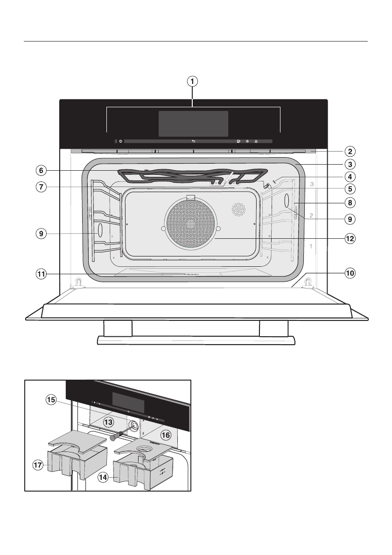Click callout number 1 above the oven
click(192, 81)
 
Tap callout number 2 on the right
click(350, 151)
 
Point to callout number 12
click(350, 238)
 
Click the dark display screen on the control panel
click(193, 124)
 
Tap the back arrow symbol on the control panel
click(193, 141)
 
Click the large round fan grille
click(191, 223)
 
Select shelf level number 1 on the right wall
click(311, 246)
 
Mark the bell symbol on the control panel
click(256, 141)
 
